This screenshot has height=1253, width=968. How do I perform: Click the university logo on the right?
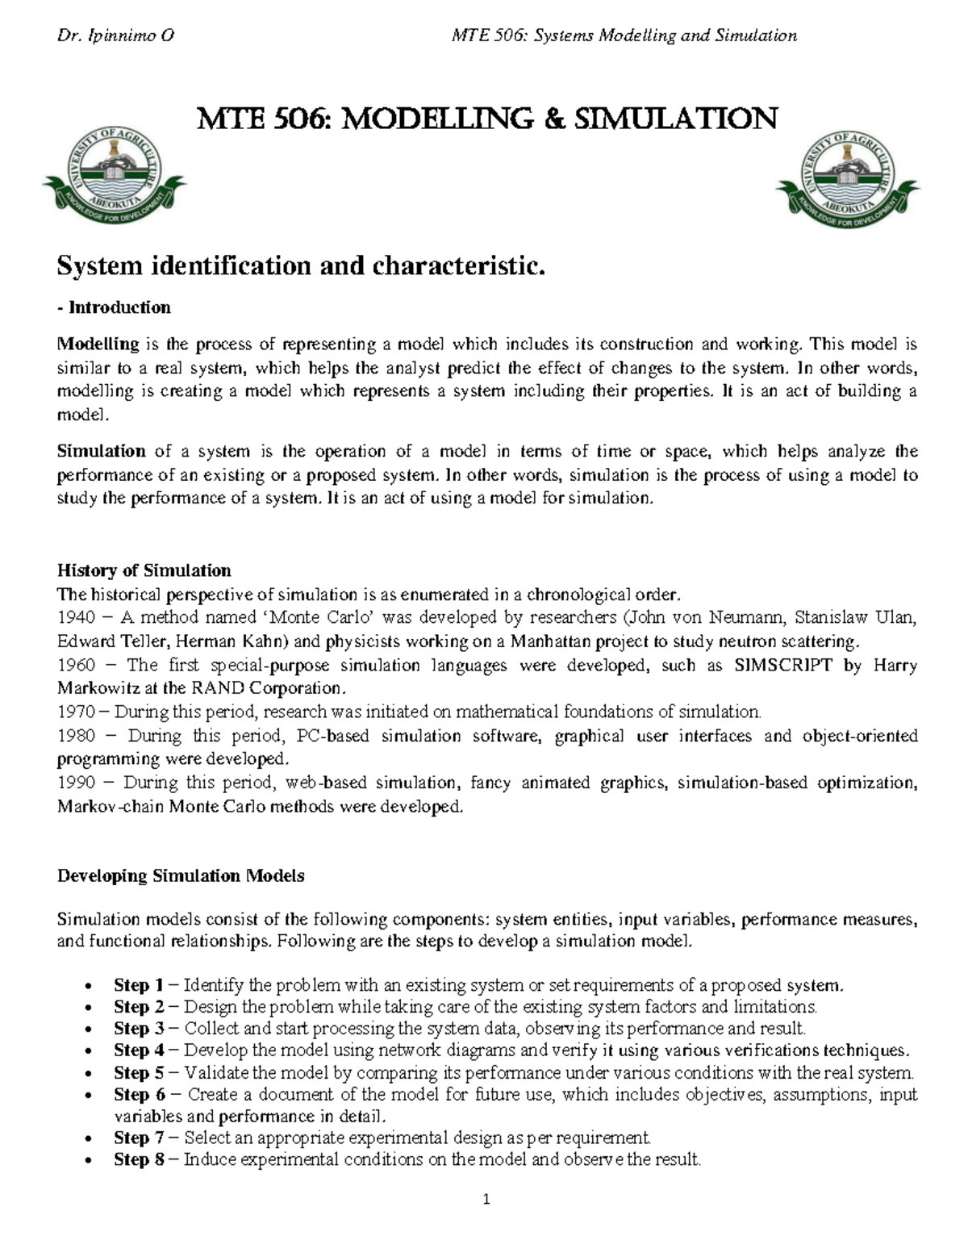[847, 177]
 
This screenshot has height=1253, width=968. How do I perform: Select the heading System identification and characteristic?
[301, 265]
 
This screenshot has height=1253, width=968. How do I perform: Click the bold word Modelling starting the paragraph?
[98, 345]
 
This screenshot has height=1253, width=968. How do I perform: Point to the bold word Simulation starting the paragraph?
[101, 451]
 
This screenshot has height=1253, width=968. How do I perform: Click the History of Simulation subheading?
[144, 570]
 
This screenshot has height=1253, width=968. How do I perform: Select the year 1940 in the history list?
[76, 618]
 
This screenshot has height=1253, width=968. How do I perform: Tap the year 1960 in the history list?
[76, 666]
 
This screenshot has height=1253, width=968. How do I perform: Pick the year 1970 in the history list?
[76, 712]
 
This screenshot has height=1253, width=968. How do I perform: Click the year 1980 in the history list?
[76, 736]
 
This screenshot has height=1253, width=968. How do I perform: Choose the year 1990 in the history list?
[76, 783]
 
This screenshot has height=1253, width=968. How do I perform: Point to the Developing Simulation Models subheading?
[181, 875]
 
